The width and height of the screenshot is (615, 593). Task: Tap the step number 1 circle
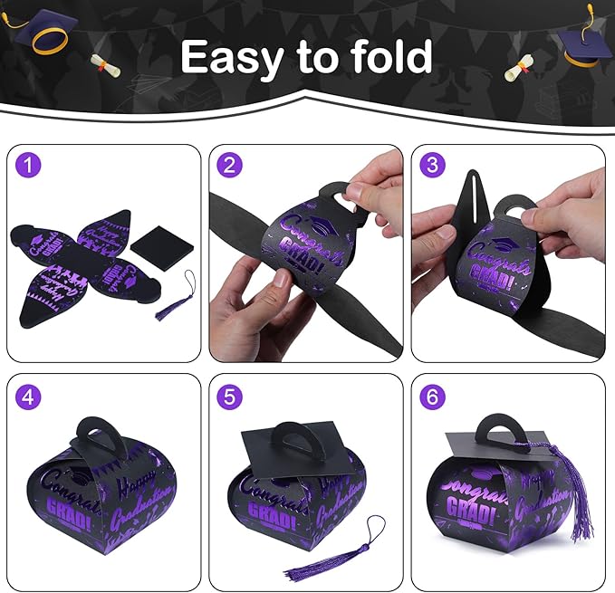32,165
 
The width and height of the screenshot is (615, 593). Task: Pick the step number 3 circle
433,165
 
